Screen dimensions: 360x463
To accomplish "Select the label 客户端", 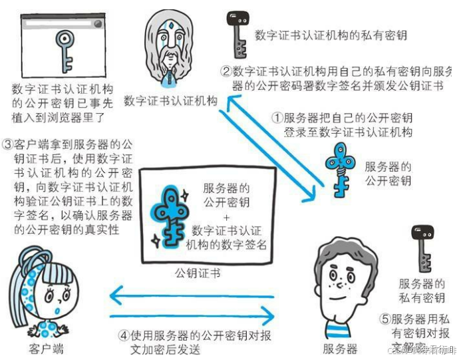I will click(x=47, y=348).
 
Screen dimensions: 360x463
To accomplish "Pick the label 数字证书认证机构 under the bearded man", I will click(x=170, y=100).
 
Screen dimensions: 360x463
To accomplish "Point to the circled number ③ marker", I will click(x=8, y=144).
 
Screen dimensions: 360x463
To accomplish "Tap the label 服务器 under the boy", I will click(x=339, y=348).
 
